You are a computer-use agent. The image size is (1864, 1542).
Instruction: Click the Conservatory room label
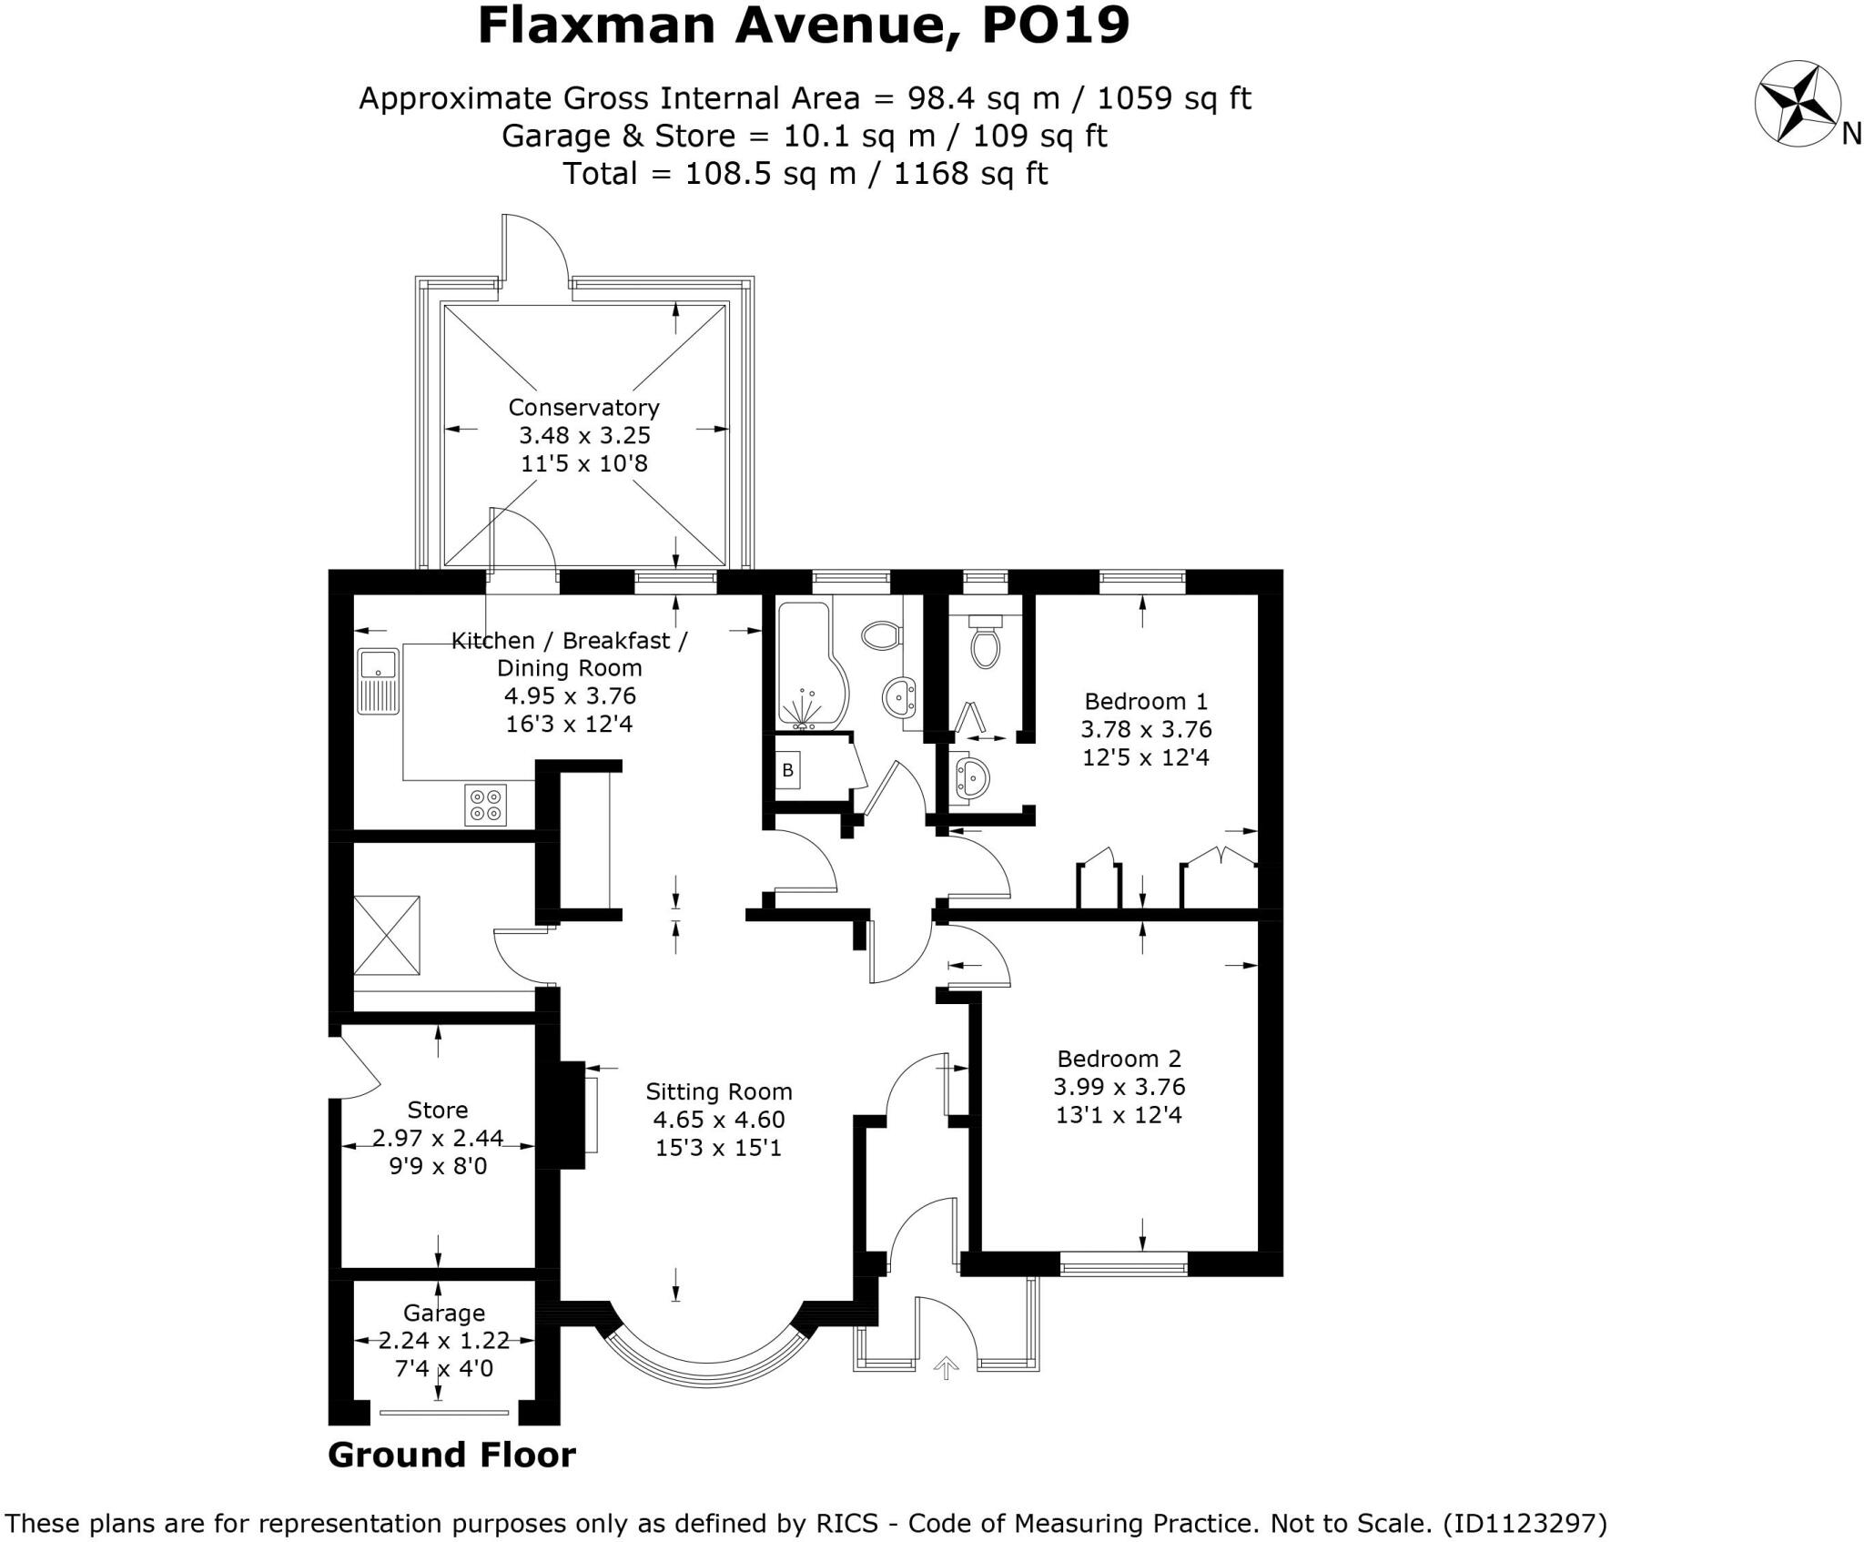[x=583, y=407]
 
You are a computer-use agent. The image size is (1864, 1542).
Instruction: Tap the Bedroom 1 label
[x=1146, y=701]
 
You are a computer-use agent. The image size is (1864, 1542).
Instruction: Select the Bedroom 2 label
[x=1119, y=1059]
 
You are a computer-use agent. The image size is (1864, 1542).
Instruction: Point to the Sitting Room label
[x=718, y=1091]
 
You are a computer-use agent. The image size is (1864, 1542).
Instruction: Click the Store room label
[x=438, y=1110]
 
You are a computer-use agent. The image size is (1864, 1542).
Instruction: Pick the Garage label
[x=444, y=1313]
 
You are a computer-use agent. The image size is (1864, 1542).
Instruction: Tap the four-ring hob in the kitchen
[x=485, y=805]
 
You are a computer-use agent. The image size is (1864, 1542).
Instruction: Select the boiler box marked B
[x=788, y=770]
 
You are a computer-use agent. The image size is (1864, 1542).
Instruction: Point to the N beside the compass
[x=1850, y=135]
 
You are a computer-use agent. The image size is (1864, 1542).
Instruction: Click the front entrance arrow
[x=947, y=1367]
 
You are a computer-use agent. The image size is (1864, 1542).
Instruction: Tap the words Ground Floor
[x=451, y=1455]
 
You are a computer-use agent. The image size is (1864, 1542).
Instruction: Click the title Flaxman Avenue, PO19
[x=803, y=25]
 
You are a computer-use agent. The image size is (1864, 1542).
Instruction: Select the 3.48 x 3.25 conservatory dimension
[x=584, y=435]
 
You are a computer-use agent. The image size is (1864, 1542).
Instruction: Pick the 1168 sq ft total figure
[x=970, y=173]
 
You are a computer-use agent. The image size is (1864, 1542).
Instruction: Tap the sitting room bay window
[x=704, y=1360]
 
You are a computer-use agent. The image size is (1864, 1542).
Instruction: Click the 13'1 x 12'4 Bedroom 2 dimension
[x=1119, y=1115]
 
